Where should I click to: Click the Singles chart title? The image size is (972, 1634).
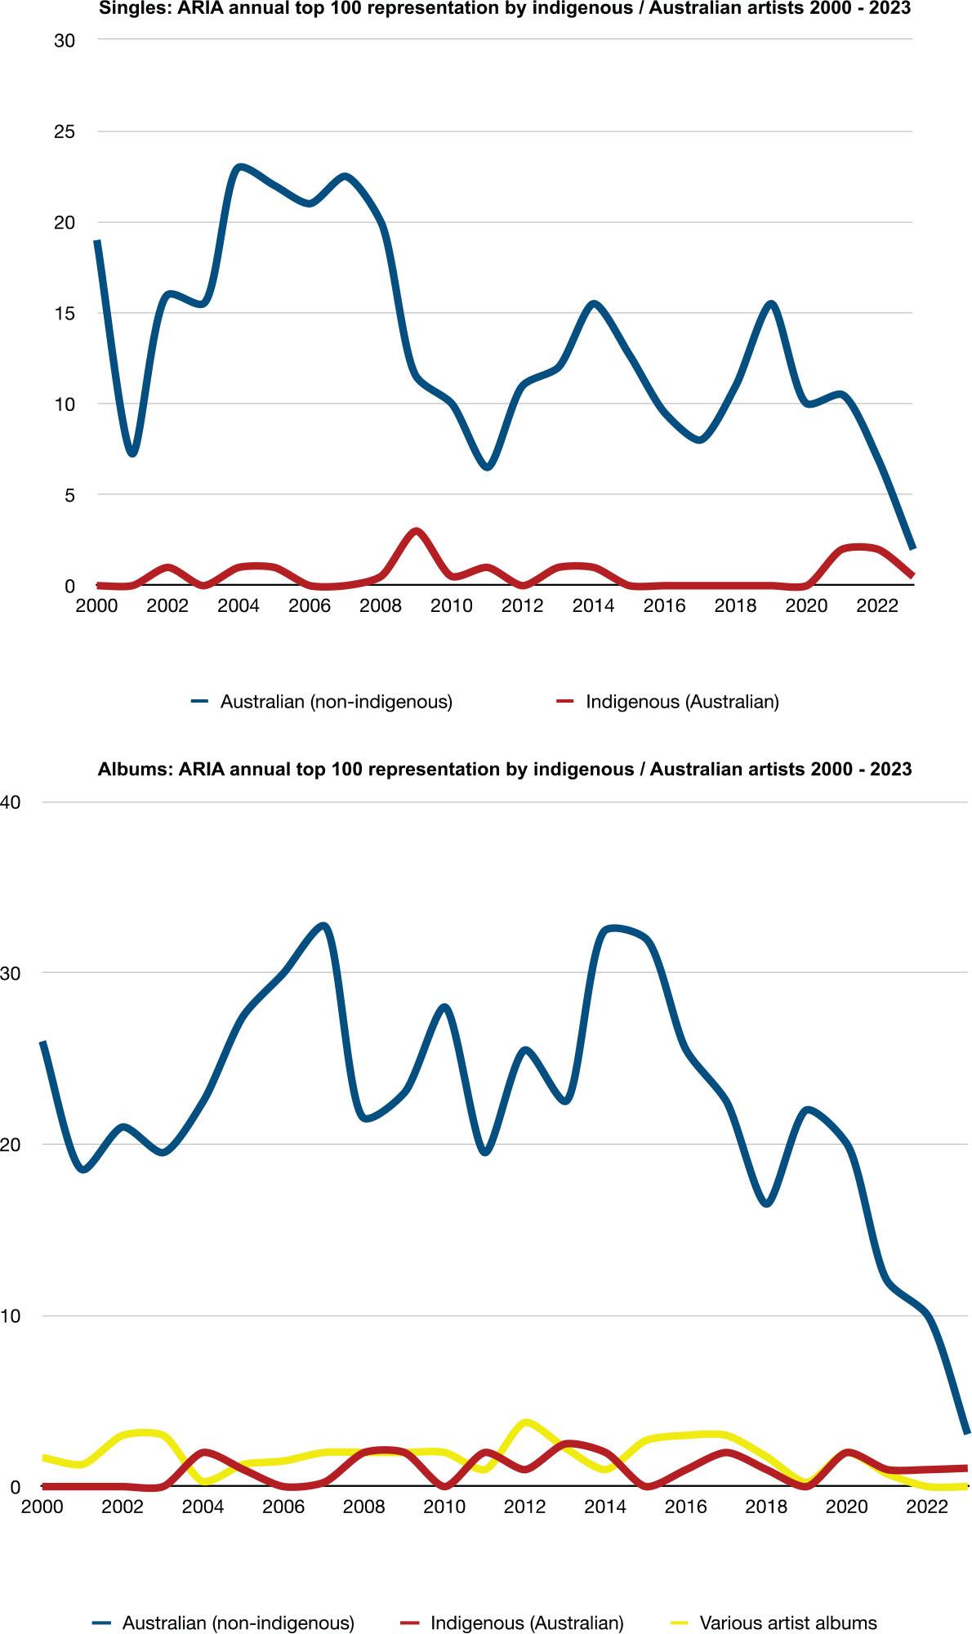[505, 9]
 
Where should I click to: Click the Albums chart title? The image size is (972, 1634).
[505, 769]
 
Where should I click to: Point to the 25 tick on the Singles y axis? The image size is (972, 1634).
[65, 132]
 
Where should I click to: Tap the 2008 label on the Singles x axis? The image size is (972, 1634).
[381, 605]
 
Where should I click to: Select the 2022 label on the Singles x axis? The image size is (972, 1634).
[877, 605]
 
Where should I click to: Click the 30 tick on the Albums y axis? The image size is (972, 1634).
[10, 973]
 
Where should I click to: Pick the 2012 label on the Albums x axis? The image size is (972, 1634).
[524, 1507]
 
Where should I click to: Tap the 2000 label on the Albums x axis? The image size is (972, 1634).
[42, 1507]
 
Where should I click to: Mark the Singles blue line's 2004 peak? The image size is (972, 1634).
[239, 167]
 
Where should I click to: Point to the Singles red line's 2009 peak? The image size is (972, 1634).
[416, 532]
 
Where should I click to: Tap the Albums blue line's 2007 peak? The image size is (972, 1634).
[323, 926]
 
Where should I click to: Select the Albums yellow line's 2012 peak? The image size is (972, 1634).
[525, 1422]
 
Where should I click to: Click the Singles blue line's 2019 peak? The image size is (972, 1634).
[770, 304]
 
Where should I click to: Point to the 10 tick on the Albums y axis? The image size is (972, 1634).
[10, 1316]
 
